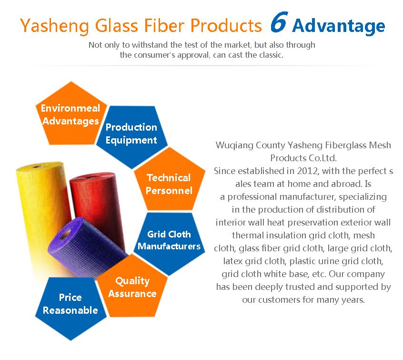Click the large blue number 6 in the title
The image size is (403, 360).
point(279,22)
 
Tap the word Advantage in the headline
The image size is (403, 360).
point(339,27)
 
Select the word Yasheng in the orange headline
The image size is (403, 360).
point(54,26)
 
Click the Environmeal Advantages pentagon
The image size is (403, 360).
point(71,113)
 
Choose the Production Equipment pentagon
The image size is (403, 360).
point(132,135)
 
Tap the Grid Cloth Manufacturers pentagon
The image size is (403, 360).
point(170,242)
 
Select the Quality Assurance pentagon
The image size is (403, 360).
point(132,287)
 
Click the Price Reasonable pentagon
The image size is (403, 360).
point(71,306)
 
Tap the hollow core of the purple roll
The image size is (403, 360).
point(66,234)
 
